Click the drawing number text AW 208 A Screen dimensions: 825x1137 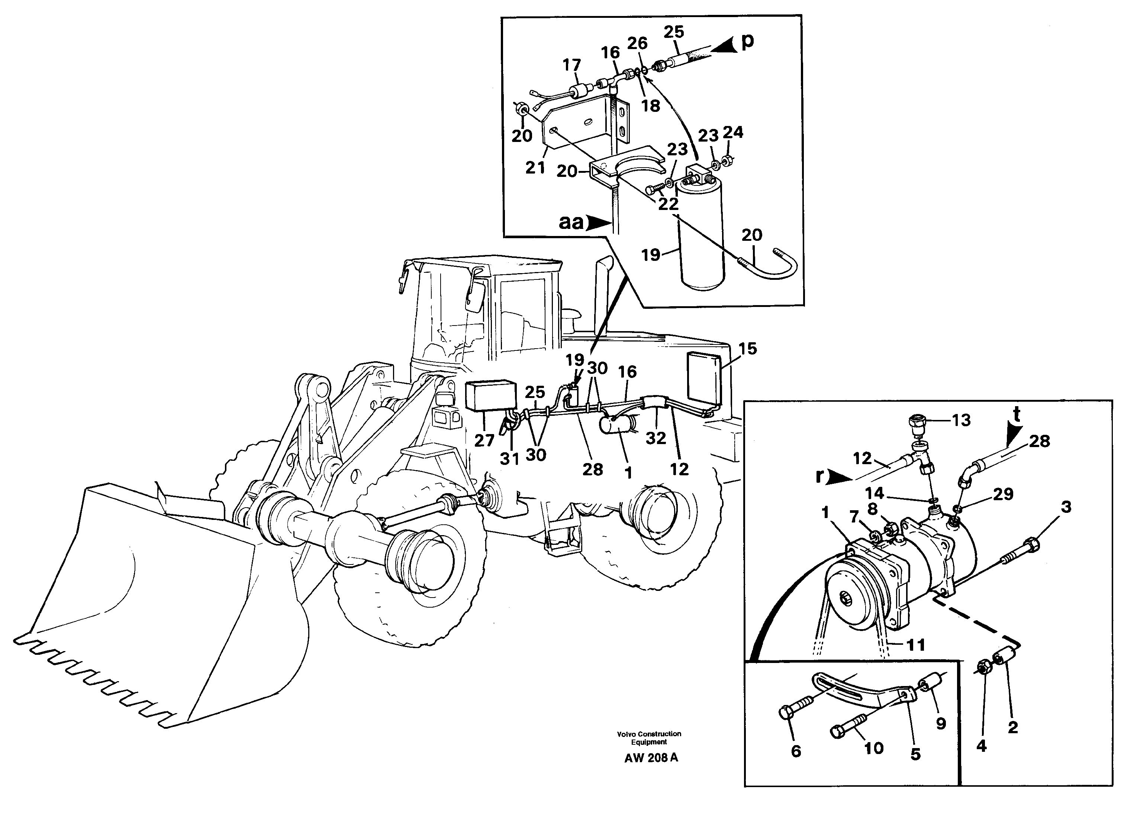tap(651, 758)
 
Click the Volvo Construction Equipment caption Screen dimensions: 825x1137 tap(649, 738)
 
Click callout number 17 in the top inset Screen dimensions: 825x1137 tap(571, 65)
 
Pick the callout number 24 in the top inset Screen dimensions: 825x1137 tap(733, 132)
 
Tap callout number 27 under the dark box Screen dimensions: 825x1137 tap(484, 441)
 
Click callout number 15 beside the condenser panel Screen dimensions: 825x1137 tap(747, 349)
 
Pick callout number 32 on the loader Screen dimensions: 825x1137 tap(656, 438)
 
